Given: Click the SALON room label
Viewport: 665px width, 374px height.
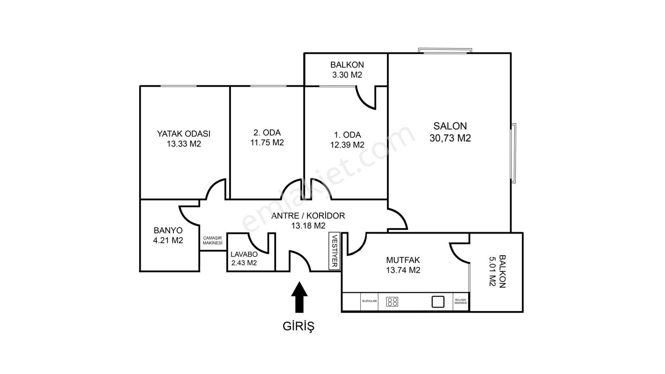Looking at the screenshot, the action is [x=450, y=126].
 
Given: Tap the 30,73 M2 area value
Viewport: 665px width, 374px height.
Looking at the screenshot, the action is [x=450, y=138].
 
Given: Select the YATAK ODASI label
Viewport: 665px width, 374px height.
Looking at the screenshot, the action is [x=184, y=134].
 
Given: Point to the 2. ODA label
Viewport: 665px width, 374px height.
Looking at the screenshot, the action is [x=267, y=133].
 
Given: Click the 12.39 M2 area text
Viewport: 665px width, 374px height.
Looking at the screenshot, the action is [x=347, y=145].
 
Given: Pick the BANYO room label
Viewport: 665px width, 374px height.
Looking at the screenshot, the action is [x=168, y=230].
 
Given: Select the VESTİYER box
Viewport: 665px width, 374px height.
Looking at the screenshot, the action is [x=335, y=251].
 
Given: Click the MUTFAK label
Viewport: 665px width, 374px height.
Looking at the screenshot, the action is [x=403, y=260].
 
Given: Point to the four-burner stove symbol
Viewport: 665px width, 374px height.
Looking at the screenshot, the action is [x=392, y=302].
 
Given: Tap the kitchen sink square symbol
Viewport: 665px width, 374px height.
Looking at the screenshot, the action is [x=438, y=302].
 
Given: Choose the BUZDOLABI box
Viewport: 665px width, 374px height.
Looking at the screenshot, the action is [x=369, y=302].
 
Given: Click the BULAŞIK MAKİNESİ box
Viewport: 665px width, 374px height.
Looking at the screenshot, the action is [x=461, y=302].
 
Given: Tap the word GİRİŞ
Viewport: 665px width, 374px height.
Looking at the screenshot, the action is [x=299, y=326].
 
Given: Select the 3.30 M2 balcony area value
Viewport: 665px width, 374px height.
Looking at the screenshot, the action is [x=347, y=74].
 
